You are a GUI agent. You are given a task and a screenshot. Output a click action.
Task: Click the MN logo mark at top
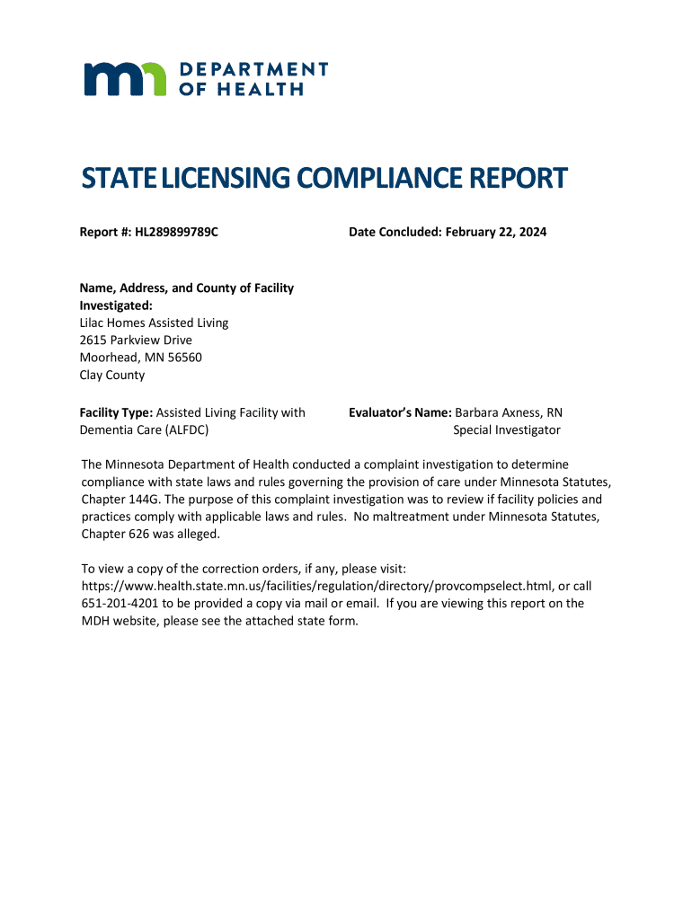click(125, 79)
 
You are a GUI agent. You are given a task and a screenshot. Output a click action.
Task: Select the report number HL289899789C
click(177, 233)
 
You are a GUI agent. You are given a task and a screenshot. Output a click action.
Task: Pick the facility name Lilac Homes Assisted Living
click(155, 323)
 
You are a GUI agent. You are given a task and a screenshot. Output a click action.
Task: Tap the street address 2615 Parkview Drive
click(137, 341)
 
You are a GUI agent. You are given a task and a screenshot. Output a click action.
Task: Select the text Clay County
click(112, 376)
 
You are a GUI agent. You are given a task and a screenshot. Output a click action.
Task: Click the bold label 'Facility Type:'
click(117, 413)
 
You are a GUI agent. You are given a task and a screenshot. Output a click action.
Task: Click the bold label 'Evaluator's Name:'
click(400, 413)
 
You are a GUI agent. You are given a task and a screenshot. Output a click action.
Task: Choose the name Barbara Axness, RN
click(509, 413)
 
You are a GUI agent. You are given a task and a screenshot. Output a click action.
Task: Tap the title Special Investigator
click(507, 430)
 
